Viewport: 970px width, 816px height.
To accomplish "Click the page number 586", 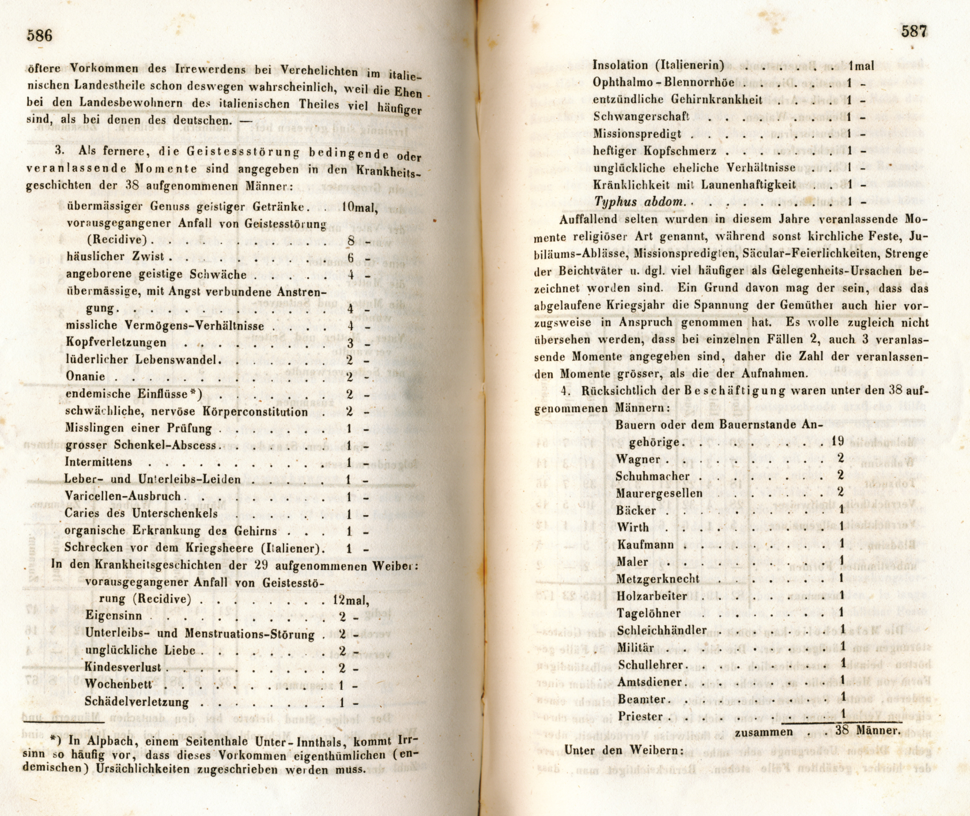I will (40, 36).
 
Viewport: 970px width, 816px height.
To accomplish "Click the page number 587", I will (914, 32).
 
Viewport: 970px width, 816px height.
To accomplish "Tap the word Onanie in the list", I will (85, 377).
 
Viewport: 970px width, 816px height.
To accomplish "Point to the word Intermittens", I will (99, 462).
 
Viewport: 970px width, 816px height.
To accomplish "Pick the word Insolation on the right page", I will (621, 65).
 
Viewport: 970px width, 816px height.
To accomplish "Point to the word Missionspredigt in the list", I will (637, 134).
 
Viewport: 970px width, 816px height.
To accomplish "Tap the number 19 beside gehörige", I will (837, 442).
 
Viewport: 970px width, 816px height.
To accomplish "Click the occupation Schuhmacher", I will (652, 477).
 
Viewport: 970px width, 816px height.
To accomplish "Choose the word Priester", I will (640, 717).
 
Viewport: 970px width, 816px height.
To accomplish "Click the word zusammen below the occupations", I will (764, 732).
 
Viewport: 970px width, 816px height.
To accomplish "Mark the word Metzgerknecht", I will (658, 579).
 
